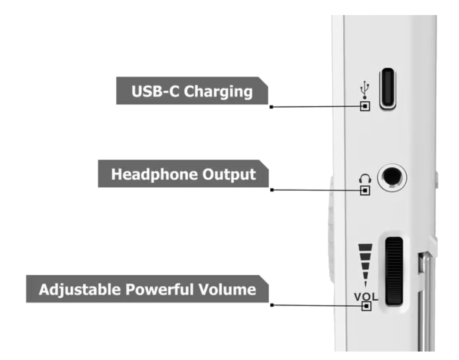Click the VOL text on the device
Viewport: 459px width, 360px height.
365,297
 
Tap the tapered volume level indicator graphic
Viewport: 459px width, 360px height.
365,264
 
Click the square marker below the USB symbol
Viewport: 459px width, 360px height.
365,106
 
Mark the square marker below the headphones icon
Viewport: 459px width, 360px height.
365,190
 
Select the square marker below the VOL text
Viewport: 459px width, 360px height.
365,306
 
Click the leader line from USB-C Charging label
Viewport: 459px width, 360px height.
315,107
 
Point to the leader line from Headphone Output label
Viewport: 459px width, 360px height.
315,190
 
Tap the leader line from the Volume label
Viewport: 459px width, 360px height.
315,305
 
